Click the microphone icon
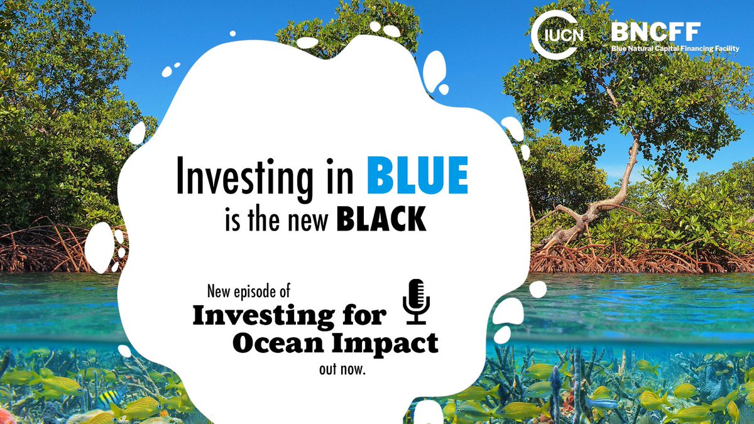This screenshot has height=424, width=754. [x=415, y=302]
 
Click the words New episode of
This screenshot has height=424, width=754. [x=248, y=292]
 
